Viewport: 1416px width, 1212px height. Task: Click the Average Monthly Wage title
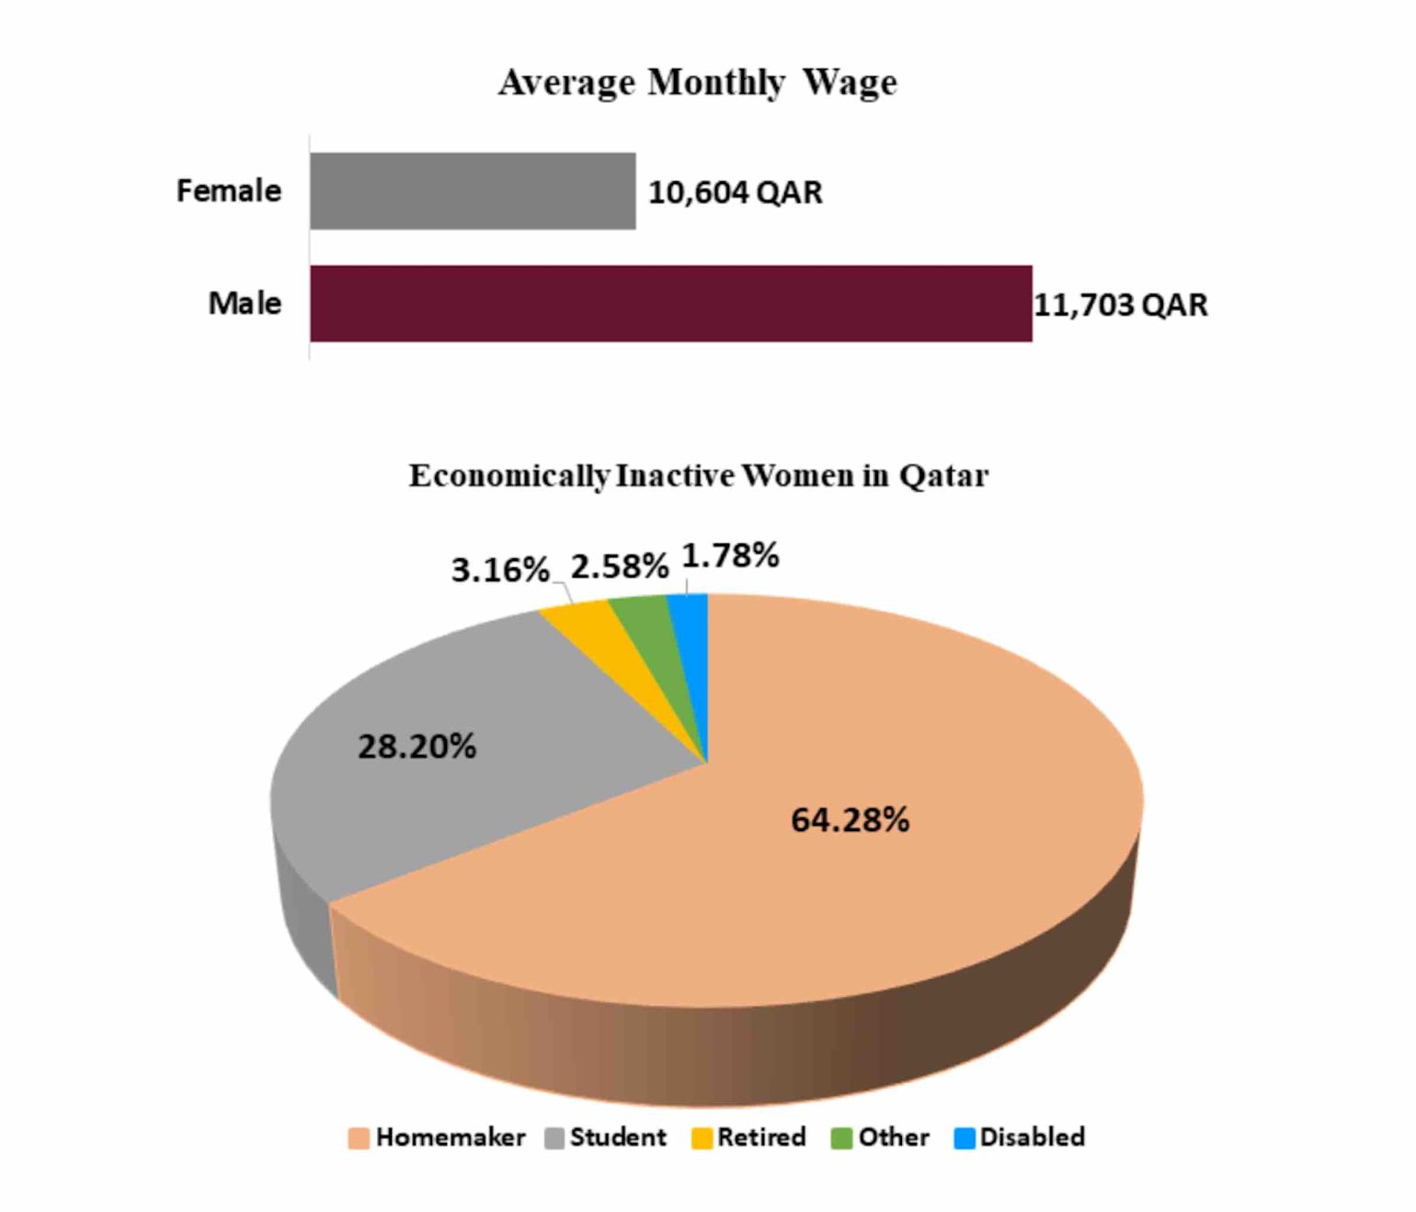[x=697, y=83]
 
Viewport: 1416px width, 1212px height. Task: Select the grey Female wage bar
[x=472, y=190]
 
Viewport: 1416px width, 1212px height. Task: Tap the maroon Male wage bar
[x=670, y=303]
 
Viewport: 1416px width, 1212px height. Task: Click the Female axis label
[x=228, y=190]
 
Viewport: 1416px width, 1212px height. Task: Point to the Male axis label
[x=245, y=303]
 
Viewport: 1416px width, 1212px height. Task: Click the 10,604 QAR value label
[x=735, y=192]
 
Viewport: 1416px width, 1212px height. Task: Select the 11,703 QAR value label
[x=1120, y=304]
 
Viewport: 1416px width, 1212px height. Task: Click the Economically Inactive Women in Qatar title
[x=698, y=475]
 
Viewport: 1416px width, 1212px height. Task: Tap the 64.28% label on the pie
[x=850, y=819]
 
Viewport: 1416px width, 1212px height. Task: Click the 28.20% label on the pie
[x=417, y=746]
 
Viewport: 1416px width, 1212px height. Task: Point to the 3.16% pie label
[x=499, y=570]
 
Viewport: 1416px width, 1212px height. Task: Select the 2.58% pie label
[x=619, y=566]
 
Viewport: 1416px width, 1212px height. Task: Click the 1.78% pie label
[x=730, y=555]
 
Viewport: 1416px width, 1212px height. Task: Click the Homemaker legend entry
[x=437, y=1138]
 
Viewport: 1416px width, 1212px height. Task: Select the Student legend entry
[x=606, y=1138]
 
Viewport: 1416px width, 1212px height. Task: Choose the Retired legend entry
[x=748, y=1138]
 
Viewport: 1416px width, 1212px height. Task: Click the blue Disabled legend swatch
[x=965, y=1138]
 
